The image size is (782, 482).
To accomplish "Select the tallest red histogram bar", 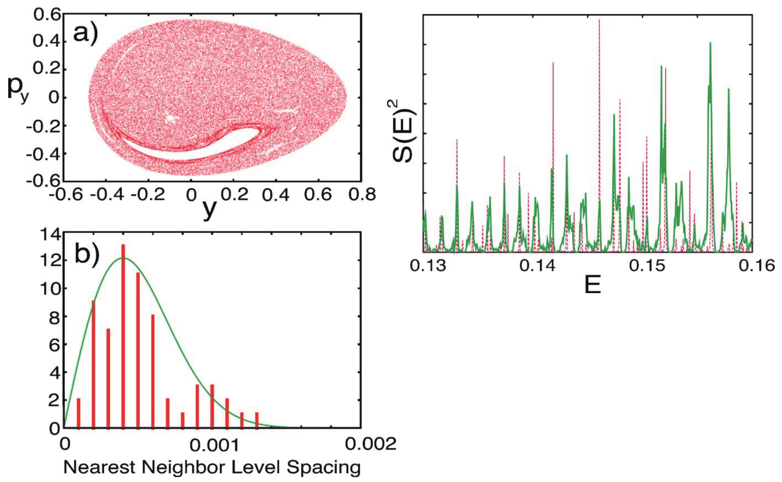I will [x=123, y=335].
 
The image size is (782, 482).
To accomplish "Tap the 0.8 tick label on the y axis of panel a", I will [x=362, y=194].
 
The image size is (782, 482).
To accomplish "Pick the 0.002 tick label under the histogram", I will [x=371, y=444].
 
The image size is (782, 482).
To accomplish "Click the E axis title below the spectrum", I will [x=592, y=285].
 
